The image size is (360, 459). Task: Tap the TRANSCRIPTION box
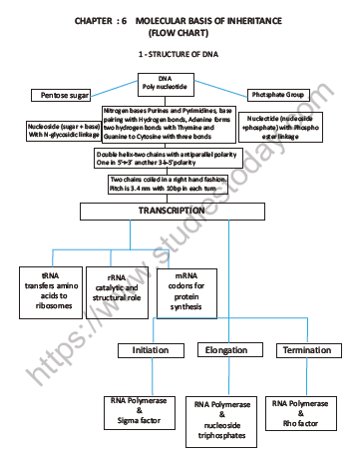click(x=179, y=213)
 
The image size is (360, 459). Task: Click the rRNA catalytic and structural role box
click(x=117, y=288)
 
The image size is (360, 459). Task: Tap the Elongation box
click(x=227, y=350)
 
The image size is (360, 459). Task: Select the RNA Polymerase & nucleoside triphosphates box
click(x=224, y=420)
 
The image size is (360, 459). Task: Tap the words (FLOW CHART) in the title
click(x=180, y=32)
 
